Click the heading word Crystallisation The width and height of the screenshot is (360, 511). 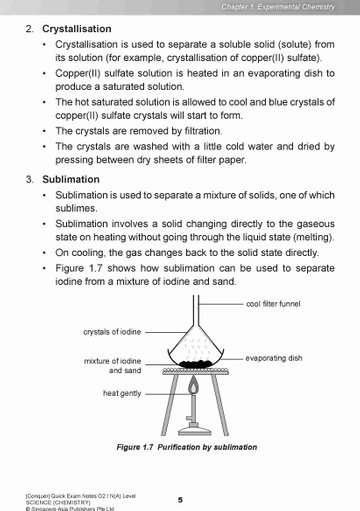pos(77,29)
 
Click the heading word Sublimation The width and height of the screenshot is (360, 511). pos(71,179)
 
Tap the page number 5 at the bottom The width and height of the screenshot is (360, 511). pos(180,500)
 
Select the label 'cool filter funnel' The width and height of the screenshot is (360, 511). pos(273,304)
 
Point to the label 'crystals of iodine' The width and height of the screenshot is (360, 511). pos(112,332)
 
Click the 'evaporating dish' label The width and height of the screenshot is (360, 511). pos(274,358)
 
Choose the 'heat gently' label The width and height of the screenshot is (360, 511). pos(122,393)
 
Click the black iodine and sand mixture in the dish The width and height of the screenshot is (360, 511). pos(195,364)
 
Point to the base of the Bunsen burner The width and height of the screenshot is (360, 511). pos(195,431)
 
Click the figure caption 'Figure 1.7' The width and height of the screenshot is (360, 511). pos(135,447)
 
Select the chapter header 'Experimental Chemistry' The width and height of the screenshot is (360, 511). pos(296,7)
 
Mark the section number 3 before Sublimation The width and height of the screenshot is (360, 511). pos(30,179)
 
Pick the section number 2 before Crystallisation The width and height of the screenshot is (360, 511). pos(30,29)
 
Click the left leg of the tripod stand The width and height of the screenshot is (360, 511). pos(169,405)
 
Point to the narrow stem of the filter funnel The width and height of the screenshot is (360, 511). pos(196,310)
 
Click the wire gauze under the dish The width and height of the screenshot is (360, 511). pos(196,371)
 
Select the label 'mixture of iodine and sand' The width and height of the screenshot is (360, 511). pos(113,366)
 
